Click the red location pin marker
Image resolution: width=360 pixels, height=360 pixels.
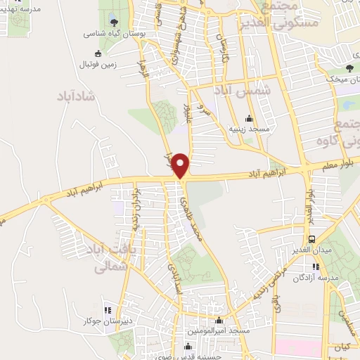click(181, 165)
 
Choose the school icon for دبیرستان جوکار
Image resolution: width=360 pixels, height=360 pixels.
click(108, 310)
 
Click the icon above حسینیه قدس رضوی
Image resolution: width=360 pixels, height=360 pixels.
click(187, 346)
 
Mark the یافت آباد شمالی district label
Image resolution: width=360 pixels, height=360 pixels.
click(107, 258)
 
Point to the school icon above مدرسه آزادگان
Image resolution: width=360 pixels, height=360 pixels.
click(316, 266)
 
